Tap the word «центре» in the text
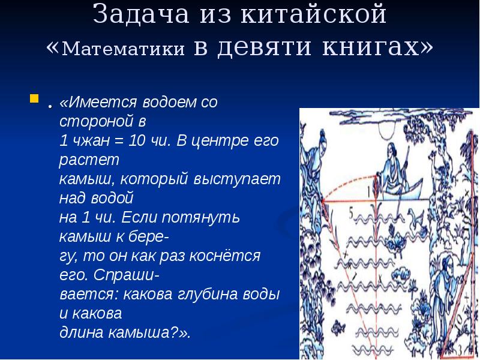click(x=227, y=142)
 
